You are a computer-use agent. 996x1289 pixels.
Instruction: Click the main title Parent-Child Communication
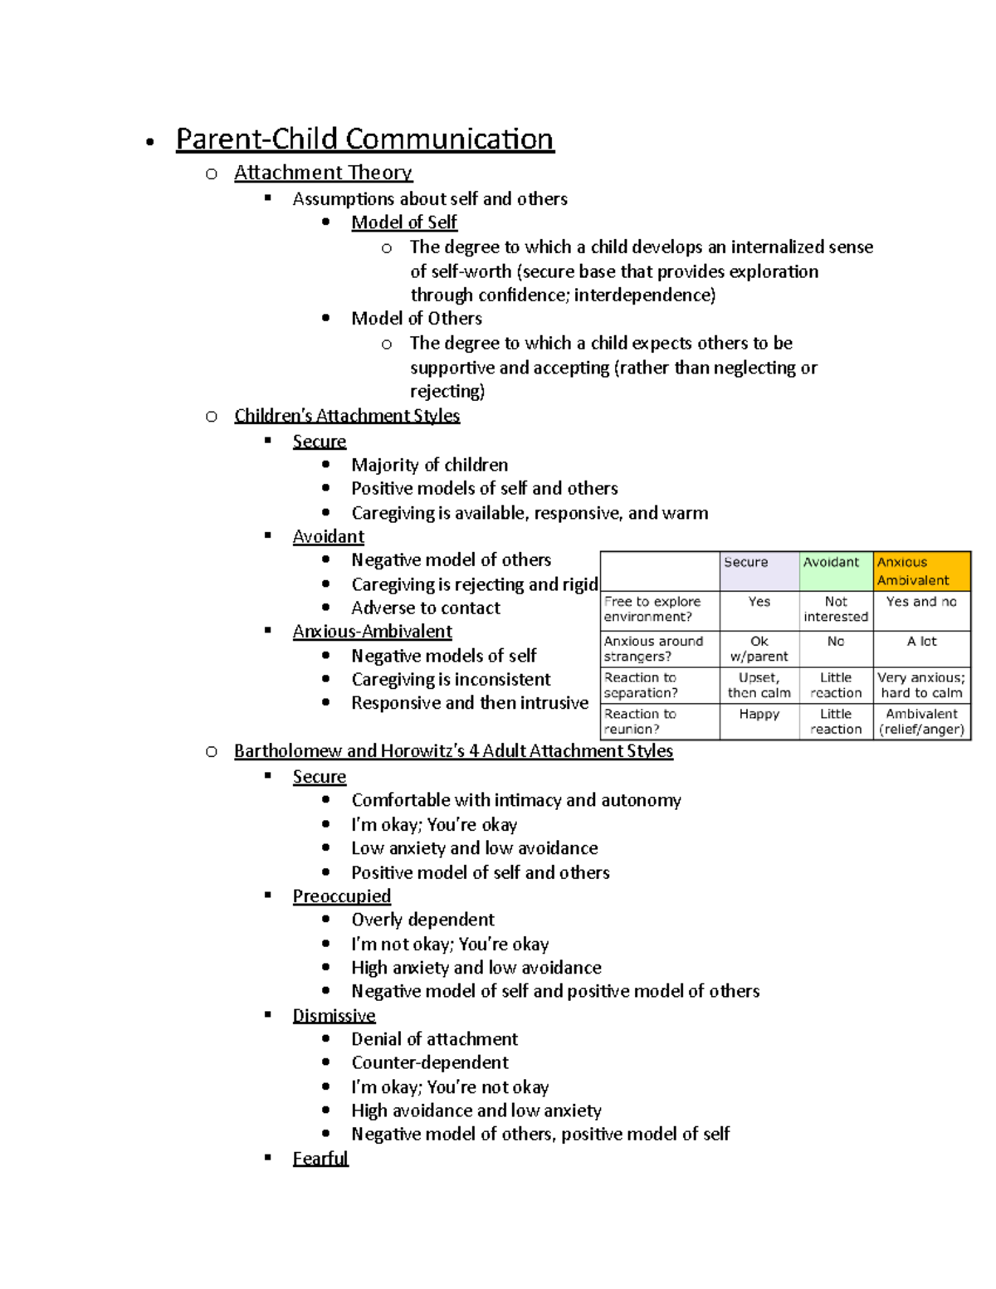364,139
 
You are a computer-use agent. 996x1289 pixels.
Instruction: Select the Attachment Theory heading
323,173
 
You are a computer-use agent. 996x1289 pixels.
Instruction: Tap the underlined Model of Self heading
403,222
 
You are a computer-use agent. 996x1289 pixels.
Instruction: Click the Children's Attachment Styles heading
346,416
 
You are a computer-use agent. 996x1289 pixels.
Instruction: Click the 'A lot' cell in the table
921,642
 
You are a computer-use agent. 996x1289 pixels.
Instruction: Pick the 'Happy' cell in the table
759,714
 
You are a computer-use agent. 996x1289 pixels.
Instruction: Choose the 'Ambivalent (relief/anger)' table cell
921,721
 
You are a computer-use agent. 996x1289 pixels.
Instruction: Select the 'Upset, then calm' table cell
759,686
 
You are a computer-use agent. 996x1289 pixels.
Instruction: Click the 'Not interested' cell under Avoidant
835,609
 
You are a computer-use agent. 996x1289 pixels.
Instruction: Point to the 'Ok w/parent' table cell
759,649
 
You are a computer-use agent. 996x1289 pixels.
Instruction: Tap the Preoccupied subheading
341,896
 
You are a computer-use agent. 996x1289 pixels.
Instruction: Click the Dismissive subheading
334,1016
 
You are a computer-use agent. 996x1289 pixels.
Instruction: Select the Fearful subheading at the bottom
320,1159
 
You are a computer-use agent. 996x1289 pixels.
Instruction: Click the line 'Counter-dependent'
429,1063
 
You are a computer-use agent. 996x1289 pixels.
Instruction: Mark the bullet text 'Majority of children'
429,465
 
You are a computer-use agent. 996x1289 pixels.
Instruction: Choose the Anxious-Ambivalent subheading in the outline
372,632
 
